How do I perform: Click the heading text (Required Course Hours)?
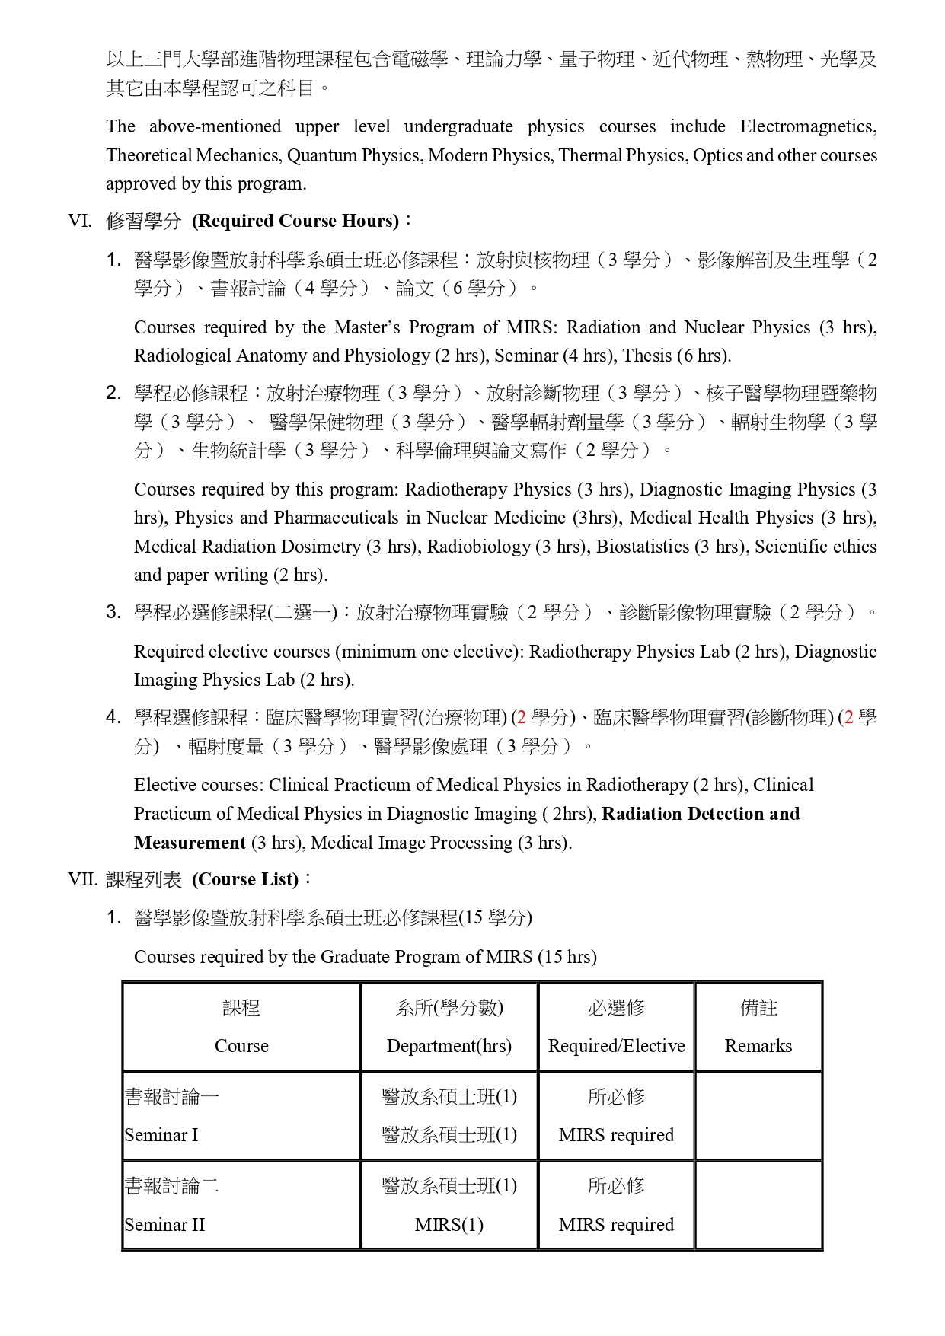coord(295,222)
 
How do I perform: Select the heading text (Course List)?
coord(245,880)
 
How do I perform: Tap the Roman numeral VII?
coord(82,880)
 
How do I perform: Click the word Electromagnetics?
coord(808,126)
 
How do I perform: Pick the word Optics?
coord(717,155)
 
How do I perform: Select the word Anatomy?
coord(272,356)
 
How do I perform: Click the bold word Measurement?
coord(190,843)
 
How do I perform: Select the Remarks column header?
coord(758,1046)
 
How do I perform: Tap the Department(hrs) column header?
coord(449,1046)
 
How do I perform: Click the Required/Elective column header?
coord(616,1046)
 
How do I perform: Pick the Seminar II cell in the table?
coord(165,1225)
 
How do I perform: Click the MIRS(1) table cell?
coord(449,1225)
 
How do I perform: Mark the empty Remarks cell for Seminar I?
coord(758,1116)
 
